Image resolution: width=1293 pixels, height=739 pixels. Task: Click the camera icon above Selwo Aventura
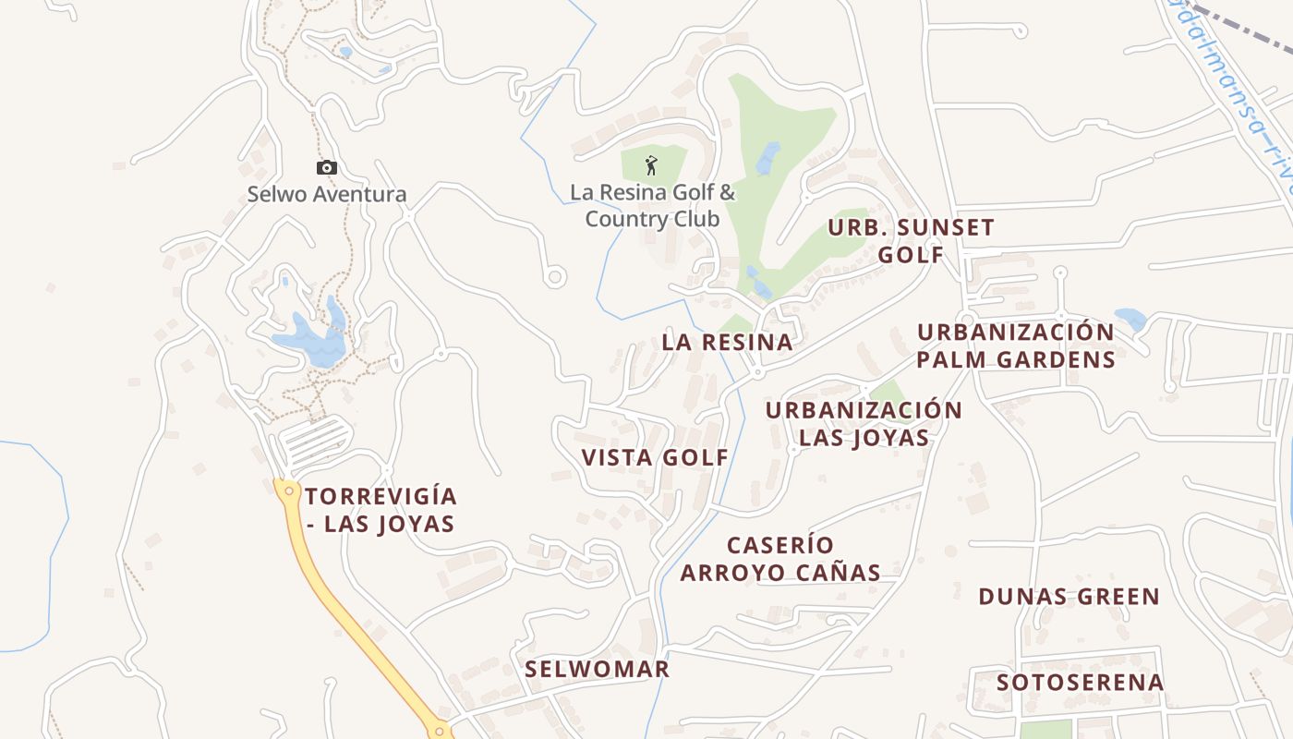(x=326, y=167)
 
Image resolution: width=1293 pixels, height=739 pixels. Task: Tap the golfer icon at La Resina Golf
(x=651, y=166)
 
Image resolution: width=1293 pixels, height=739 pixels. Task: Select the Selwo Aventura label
(x=326, y=195)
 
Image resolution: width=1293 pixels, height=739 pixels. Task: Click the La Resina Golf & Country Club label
(x=652, y=205)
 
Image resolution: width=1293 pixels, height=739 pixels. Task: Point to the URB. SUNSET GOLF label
(x=911, y=240)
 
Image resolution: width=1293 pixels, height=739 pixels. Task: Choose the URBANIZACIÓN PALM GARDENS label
(x=1016, y=345)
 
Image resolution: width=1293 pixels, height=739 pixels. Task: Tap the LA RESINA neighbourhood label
(x=727, y=342)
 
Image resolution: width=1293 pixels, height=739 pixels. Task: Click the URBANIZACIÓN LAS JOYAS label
(x=864, y=423)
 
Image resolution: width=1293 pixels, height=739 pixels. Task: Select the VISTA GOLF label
(x=655, y=457)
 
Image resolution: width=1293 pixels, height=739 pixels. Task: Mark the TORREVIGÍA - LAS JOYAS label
(x=381, y=510)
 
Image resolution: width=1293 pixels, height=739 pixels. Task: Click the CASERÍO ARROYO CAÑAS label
(x=780, y=559)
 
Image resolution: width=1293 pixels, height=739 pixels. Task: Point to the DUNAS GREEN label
(x=1069, y=597)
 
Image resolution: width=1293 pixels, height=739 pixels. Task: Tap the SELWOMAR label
(x=597, y=669)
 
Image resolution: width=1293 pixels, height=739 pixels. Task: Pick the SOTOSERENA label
(x=1080, y=683)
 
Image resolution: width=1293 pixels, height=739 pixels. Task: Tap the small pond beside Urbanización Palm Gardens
(x=1130, y=319)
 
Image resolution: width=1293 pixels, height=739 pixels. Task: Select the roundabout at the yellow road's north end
(x=289, y=491)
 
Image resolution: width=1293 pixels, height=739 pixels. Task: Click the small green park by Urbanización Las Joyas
(x=888, y=394)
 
